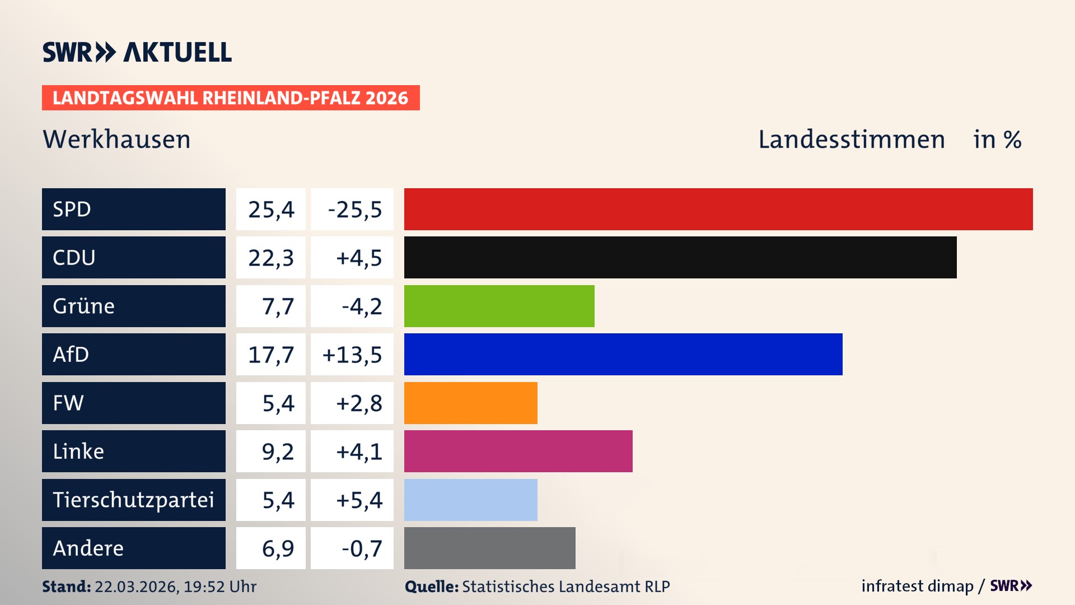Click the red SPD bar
pyautogui.click(x=718, y=209)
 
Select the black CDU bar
pyautogui.click(x=680, y=258)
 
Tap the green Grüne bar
pyautogui.click(x=499, y=306)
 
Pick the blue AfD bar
pyautogui.click(x=623, y=354)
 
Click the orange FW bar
pyautogui.click(x=470, y=403)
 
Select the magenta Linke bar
pyautogui.click(x=518, y=451)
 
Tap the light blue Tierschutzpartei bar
pyautogui.click(x=470, y=500)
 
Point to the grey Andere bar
pyautogui.click(x=489, y=548)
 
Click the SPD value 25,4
pyautogui.click(x=271, y=210)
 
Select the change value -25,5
pyautogui.click(x=354, y=210)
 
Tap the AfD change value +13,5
pyautogui.click(x=352, y=355)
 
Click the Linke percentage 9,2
pyautogui.click(x=278, y=452)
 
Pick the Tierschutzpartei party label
pyautogui.click(x=133, y=500)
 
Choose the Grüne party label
pyautogui.click(x=84, y=306)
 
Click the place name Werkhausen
pyautogui.click(x=116, y=139)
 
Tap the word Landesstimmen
pyautogui.click(x=851, y=139)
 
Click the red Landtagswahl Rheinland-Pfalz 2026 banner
pyautogui.click(x=231, y=98)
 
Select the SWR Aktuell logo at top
pyautogui.click(x=137, y=52)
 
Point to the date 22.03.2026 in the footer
pyautogui.click(x=135, y=587)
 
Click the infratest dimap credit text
pyautogui.click(x=917, y=586)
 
